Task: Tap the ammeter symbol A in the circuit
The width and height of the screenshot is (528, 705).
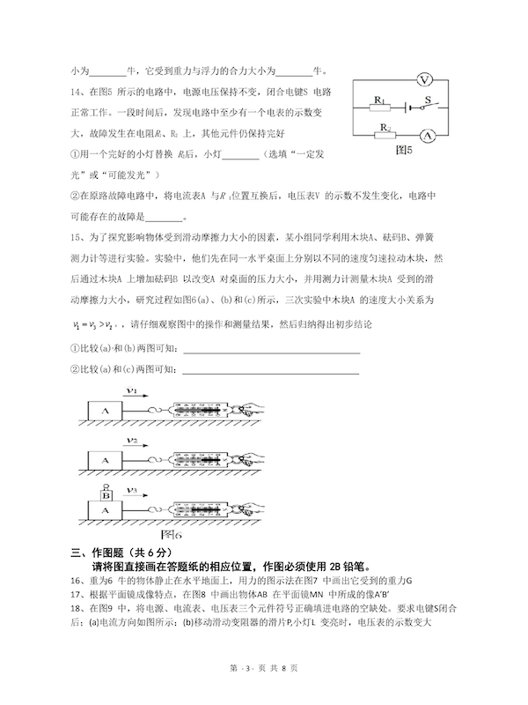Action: point(427,136)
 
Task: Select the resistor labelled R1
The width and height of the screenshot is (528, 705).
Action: point(381,108)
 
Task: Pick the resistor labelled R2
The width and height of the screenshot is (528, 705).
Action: point(385,136)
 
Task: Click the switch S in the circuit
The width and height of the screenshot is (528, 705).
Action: point(429,106)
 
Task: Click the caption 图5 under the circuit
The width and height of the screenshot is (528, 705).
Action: point(404,150)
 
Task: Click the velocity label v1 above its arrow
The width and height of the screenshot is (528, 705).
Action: point(131,391)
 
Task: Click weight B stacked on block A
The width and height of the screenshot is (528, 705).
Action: point(106,494)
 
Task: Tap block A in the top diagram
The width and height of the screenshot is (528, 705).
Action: point(106,412)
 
